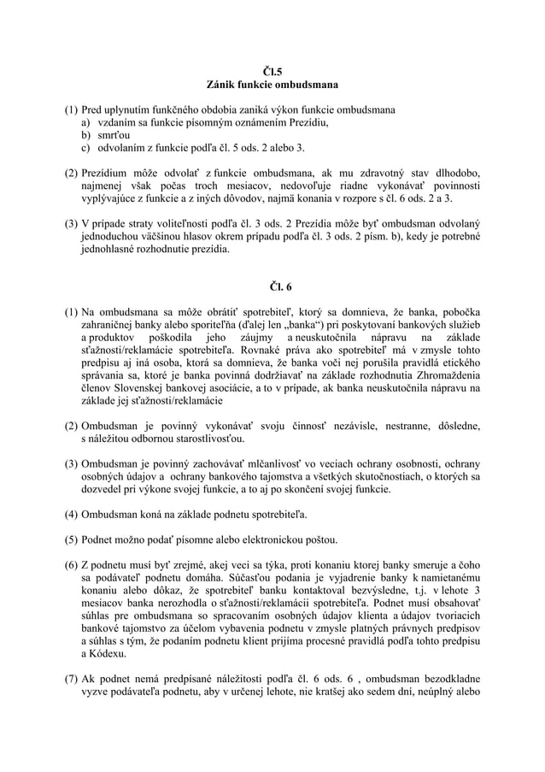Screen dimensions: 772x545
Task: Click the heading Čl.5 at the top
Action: [272, 71]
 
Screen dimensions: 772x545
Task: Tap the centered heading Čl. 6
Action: [272, 286]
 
